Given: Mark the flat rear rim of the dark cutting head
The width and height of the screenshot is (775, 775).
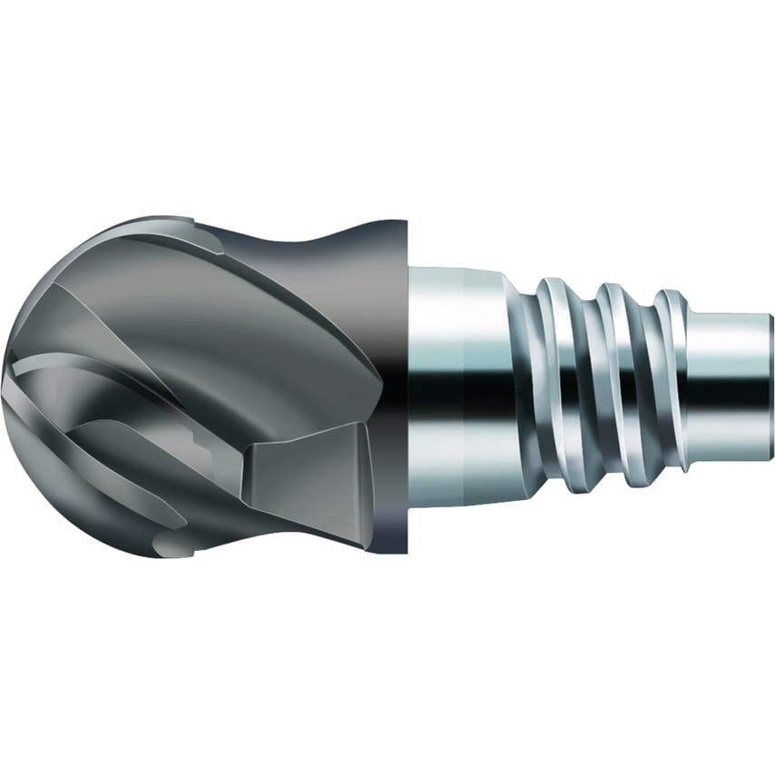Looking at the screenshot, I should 400,381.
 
